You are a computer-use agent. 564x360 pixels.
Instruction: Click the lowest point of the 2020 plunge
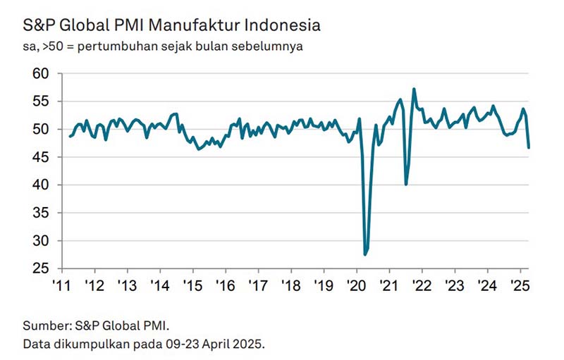(x=365, y=254)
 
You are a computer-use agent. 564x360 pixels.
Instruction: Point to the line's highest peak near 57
(x=414, y=89)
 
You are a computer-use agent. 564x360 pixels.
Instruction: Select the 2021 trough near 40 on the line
(x=405, y=185)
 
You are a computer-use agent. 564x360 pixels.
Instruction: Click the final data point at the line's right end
(x=529, y=147)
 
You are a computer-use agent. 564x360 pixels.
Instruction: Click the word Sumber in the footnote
(x=44, y=326)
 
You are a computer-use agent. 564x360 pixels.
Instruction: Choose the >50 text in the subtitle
(x=48, y=47)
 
